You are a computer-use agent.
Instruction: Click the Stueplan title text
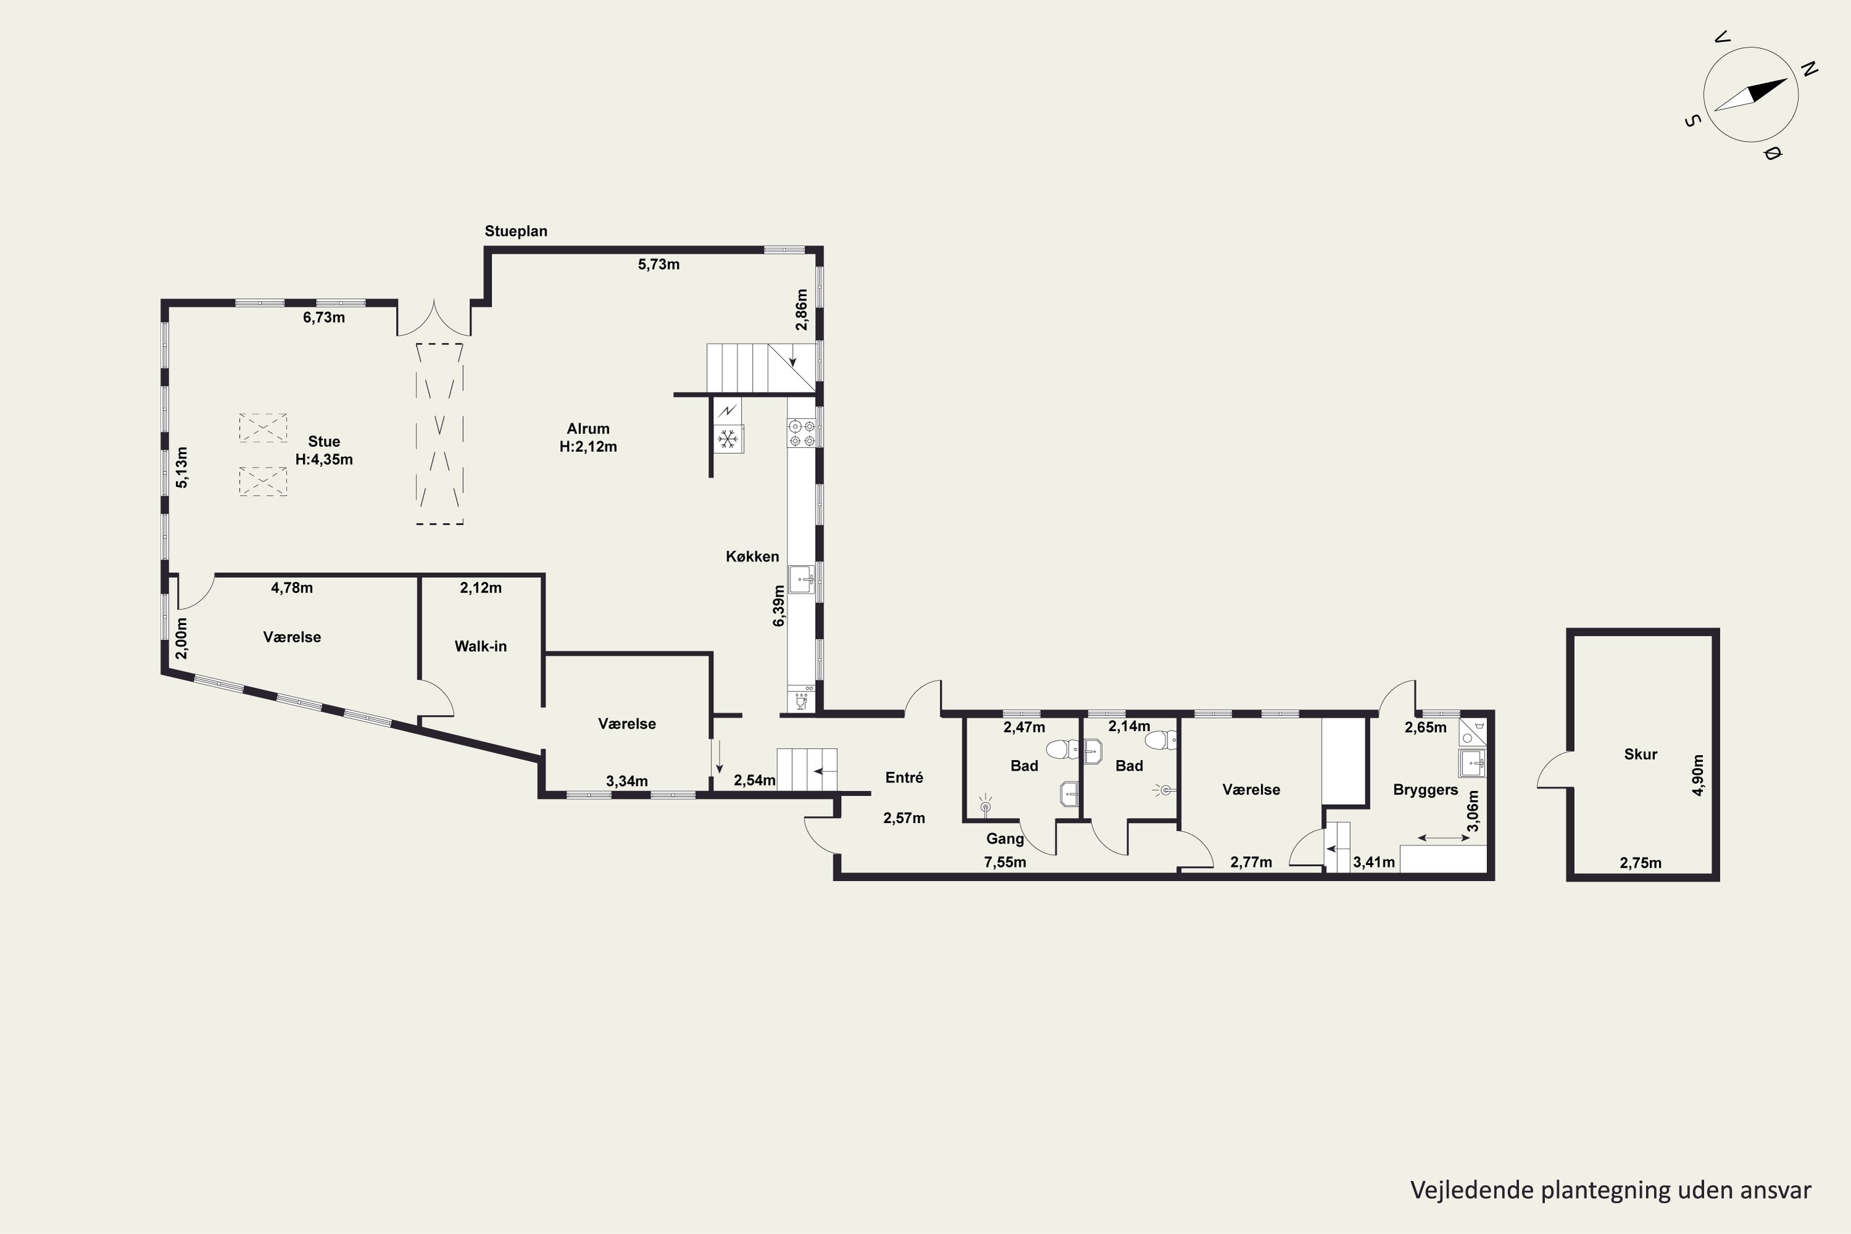515,231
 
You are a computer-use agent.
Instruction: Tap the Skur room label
1641,754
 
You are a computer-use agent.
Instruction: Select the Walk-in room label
480,646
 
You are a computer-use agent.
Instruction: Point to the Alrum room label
588,429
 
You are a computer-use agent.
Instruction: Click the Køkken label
752,557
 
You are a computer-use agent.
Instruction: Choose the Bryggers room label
1425,789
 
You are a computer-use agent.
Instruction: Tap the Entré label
905,777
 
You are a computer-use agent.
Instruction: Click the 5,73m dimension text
659,265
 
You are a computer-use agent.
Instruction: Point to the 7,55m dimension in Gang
1005,862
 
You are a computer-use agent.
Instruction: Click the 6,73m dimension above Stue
325,318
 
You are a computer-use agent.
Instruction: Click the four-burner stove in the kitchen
802,434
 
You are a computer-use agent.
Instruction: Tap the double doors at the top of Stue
434,319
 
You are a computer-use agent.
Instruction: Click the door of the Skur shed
1554,769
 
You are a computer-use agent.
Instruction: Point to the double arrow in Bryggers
1443,838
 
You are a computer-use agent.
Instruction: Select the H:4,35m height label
325,460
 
